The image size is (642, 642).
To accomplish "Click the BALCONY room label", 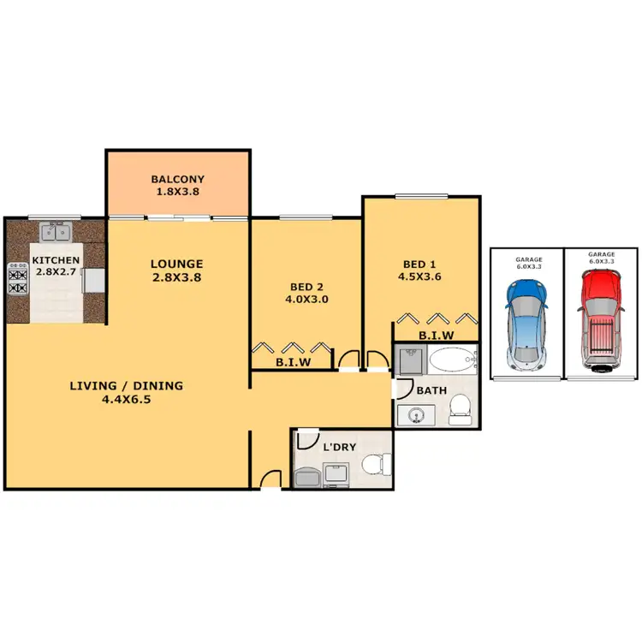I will click(177, 179).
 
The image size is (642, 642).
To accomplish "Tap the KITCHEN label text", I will click(56, 260).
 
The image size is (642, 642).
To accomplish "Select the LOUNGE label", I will click(177, 264).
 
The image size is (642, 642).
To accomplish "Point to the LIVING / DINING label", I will click(126, 385).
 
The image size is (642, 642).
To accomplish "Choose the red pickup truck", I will click(598, 320).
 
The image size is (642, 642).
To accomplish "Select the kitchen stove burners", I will click(18, 279).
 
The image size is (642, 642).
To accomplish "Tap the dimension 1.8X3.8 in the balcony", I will click(177, 192).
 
